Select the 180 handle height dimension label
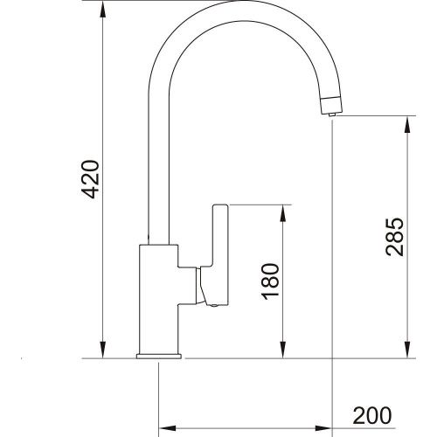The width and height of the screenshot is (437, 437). pyautogui.click(x=271, y=281)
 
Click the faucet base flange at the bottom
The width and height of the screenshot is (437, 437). pyautogui.click(x=158, y=357)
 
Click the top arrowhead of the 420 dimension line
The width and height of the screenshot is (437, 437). pyautogui.click(x=104, y=8)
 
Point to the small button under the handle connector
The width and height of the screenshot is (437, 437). pyautogui.click(x=211, y=304)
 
